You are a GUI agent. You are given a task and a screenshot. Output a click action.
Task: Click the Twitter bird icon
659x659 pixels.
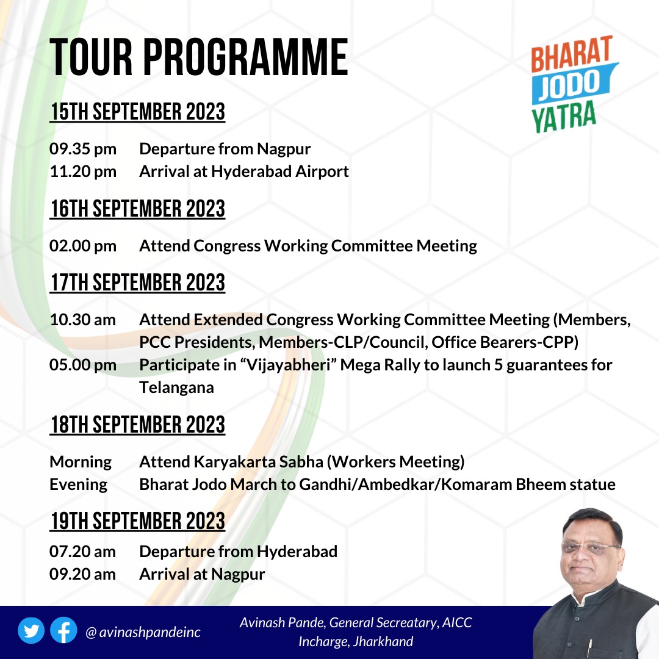coord(31,632)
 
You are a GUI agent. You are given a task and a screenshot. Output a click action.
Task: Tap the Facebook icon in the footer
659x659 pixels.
coord(63,632)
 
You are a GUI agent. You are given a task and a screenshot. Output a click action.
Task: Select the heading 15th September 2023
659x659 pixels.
coord(137,113)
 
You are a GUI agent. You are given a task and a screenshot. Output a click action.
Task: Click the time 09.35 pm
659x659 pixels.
coord(83,149)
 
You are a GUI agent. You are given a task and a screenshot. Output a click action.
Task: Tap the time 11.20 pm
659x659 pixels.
coord(83,171)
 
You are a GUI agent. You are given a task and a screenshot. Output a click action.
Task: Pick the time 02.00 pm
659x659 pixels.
coord(83,246)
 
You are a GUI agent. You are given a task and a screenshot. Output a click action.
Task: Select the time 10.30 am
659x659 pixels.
coord(83,320)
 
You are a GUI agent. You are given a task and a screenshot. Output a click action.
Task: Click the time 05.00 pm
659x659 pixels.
coord(83,365)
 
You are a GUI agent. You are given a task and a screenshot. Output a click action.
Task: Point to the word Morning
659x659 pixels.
coord(81,462)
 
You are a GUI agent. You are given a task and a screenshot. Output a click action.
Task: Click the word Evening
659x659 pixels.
coord(78,484)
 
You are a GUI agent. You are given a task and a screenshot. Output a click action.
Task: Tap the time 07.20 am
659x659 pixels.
coord(83,552)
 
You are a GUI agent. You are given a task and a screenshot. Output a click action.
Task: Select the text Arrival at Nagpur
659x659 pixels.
coord(202,574)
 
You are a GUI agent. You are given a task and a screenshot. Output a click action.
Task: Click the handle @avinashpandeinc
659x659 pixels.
coord(143,633)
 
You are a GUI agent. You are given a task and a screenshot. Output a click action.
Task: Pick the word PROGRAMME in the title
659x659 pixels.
coord(246,58)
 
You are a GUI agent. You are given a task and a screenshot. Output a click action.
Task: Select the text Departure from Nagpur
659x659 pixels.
coord(225,149)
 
